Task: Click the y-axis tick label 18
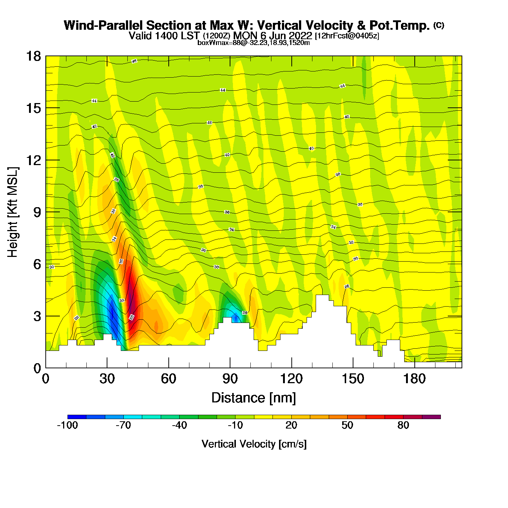tap(33, 56)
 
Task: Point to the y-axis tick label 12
tap(33, 160)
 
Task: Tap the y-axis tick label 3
tap(37, 316)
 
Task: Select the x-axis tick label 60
tap(168, 379)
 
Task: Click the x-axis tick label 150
tap(353, 379)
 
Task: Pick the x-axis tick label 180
tap(414, 379)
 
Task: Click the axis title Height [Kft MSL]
tap(13, 212)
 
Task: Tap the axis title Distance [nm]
tap(254, 398)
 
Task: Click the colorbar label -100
tap(67, 425)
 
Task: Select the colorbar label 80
tap(403, 425)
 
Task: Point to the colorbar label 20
tap(291, 425)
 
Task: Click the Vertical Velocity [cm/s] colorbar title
tap(254, 444)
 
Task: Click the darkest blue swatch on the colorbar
tap(77, 417)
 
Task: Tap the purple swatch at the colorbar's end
tap(431, 417)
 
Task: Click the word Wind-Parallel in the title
tap(104, 25)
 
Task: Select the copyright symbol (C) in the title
tap(439, 25)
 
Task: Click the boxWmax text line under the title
tap(254, 42)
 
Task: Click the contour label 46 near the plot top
tap(134, 61)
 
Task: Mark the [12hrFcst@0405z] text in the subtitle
tap(347, 36)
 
